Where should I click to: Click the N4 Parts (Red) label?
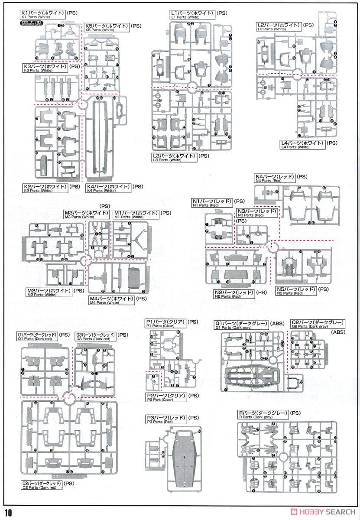tap(275, 178)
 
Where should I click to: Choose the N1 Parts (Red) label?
tap(212, 202)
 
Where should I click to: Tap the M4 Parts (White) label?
tap(111, 300)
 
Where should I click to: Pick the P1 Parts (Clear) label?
tap(165, 323)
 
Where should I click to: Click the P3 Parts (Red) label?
tap(165, 419)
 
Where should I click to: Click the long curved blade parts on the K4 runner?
tap(101, 139)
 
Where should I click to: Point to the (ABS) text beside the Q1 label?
tap(277, 323)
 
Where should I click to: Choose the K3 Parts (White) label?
tap(45, 68)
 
